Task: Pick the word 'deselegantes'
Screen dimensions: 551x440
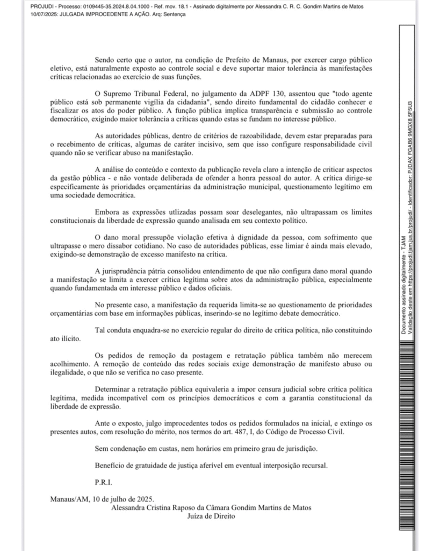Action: click(249, 211)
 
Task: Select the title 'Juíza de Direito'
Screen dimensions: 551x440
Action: click(211, 515)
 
